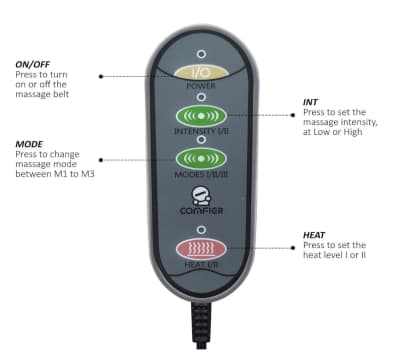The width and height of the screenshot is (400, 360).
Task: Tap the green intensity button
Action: tap(201, 116)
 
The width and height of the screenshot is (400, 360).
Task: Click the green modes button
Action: tap(201, 158)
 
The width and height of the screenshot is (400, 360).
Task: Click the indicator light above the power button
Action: tap(201, 54)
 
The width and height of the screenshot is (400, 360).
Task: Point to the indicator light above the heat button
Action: tap(201, 230)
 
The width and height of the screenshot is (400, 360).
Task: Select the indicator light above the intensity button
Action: tap(201, 97)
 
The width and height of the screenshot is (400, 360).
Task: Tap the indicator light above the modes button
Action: tap(201, 140)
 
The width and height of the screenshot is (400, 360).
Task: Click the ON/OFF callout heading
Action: tap(33, 64)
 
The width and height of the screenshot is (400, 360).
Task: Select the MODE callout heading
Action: tap(29, 144)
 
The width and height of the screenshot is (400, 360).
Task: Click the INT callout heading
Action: tap(310, 102)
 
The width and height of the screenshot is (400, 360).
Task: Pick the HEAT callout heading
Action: tap(314, 235)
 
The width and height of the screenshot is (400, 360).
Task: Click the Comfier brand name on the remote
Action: tap(201, 211)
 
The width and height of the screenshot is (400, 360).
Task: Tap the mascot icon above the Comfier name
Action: tap(201, 196)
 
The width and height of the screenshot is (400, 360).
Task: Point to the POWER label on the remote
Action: tap(201, 86)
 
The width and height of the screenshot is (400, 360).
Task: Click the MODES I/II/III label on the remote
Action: tap(201, 174)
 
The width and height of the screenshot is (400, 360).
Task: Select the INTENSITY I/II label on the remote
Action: tap(201, 131)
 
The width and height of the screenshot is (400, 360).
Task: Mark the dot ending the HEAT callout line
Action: tap(293, 248)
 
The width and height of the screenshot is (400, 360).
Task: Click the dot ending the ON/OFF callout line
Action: tap(101, 76)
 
